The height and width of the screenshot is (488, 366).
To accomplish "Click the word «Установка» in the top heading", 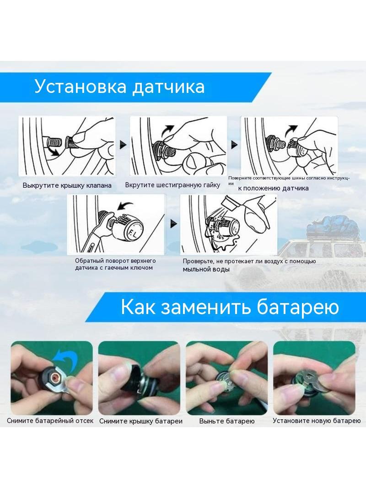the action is point(80,86).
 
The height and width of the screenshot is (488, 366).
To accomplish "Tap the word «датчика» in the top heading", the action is point(168,87).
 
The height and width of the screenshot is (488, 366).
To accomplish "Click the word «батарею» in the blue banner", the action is point(298,307).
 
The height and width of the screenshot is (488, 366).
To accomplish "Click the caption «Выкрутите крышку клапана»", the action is point(67,185).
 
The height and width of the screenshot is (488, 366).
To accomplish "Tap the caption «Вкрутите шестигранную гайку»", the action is point(172,185).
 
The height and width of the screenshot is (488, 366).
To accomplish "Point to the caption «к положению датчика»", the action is point(273,188).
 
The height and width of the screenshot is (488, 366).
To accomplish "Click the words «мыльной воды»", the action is point(206,270).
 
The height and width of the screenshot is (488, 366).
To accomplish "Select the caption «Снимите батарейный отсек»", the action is point(50,421).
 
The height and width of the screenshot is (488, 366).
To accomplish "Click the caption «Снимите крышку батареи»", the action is point(141,422).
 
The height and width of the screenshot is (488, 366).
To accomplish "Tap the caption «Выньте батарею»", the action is point(227,422).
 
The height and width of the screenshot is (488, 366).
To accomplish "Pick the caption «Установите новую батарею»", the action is point(317,421).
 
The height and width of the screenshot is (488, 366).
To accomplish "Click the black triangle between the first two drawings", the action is point(123,145).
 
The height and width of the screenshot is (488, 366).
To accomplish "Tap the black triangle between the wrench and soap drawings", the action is point(173,224).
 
